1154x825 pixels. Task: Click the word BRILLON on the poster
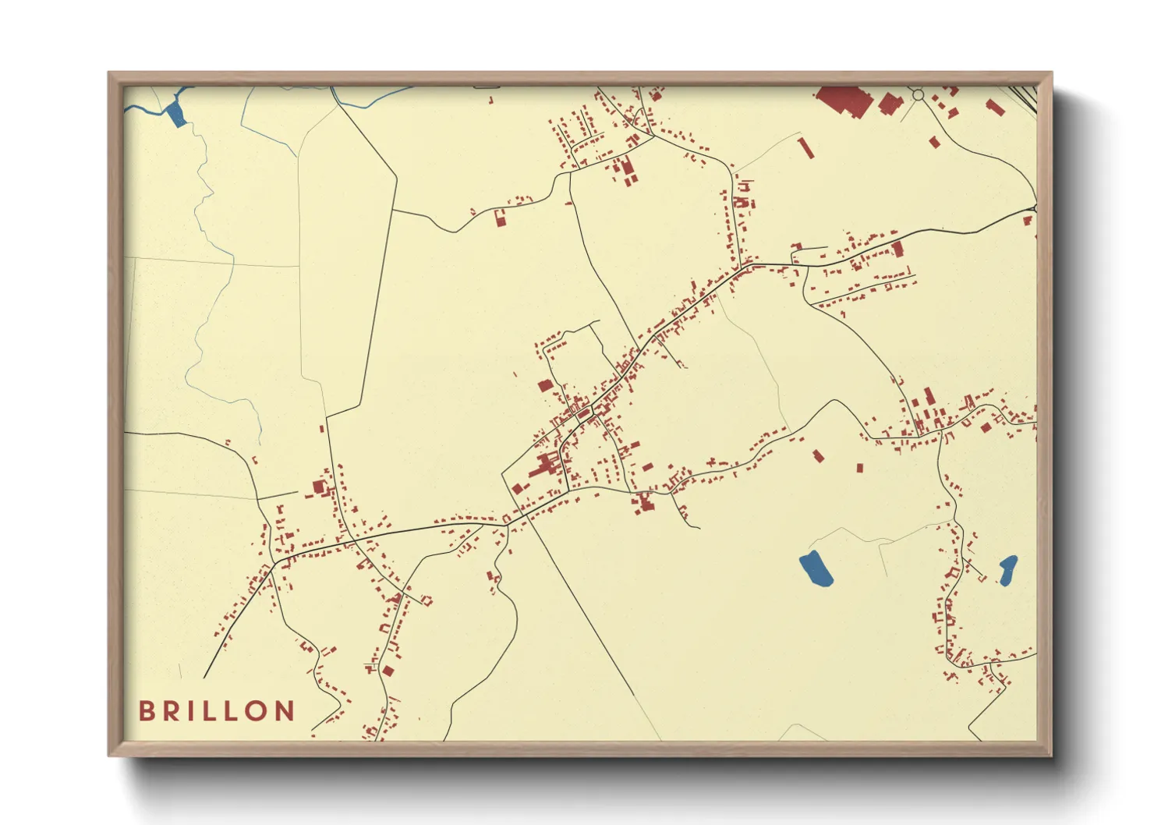pyautogui.click(x=217, y=710)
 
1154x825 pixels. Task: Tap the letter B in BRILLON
pyautogui.click(x=146, y=710)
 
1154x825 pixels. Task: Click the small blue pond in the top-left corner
pyautogui.click(x=176, y=114)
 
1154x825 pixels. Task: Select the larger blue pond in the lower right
pyautogui.click(x=816, y=568)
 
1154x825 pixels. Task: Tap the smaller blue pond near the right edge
pyautogui.click(x=1007, y=569)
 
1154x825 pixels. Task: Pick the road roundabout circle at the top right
pyautogui.click(x=918, y=95)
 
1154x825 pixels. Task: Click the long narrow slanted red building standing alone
pyautogui.click(x=805, y=147)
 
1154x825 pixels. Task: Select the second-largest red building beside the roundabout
pyautogui.click(x=888, y=103)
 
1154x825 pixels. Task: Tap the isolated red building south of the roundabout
pyautogui.click(x=934, y=142)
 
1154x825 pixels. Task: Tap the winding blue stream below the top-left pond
pyautogui.click(x=204, y=195)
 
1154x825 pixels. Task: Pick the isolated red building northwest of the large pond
pyautogui.click(x=818, y=455)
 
